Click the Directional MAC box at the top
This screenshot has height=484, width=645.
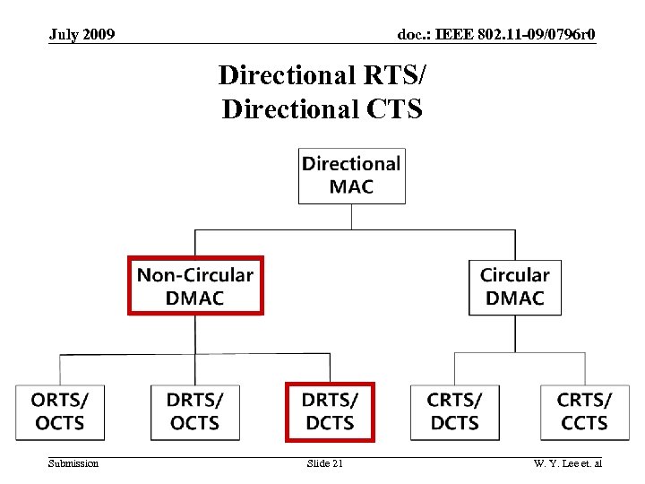pos(351,176)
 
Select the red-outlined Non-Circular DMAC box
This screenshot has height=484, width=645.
pos(195,286)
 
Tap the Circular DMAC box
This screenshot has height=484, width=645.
pos(515,287)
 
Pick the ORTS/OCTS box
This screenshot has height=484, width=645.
pos(59,411)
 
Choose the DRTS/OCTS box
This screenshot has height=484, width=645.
pos(195,411)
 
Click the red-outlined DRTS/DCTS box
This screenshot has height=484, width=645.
pos(330,411)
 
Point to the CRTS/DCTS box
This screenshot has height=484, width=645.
pos(455,411)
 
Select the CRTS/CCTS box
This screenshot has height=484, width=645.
pos(585,411)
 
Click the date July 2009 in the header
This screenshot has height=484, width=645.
pos(82,35)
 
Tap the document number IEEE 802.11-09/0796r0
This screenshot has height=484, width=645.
pos(496,35)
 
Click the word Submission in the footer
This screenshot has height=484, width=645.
pos(73,462)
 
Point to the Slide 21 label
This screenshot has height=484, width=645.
pos(324,462)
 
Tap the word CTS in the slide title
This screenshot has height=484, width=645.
pos(395,108)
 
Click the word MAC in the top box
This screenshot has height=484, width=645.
pos(351,187)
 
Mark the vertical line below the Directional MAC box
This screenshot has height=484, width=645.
pos(351,216)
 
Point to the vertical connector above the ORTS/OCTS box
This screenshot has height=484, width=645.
pos(60,368)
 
